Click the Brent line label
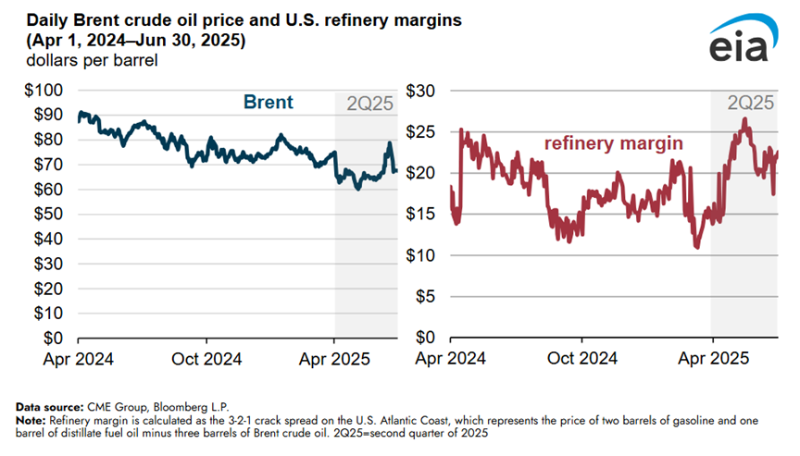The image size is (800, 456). (268, 103)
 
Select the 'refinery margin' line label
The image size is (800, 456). (613, 143)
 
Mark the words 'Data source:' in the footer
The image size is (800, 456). (48, 406)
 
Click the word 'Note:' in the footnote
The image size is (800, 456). (32, 419)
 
